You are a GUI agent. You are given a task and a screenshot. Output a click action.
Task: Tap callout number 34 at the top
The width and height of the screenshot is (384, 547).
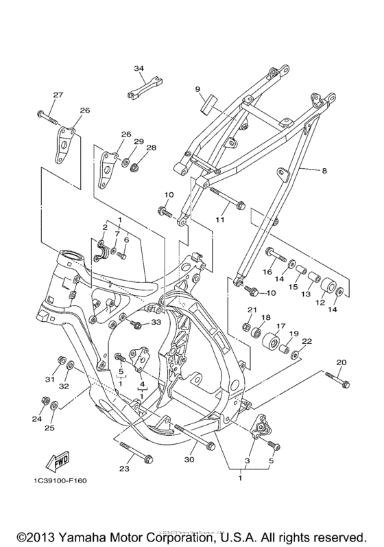[x=139, y=69]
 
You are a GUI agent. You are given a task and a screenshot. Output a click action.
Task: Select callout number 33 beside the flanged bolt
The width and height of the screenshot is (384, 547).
[x=156, y=322]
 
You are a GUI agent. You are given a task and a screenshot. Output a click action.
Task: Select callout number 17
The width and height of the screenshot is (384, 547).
[x=280, y=327]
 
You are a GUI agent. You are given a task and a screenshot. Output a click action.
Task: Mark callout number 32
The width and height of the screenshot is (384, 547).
[x=69, y=387]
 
